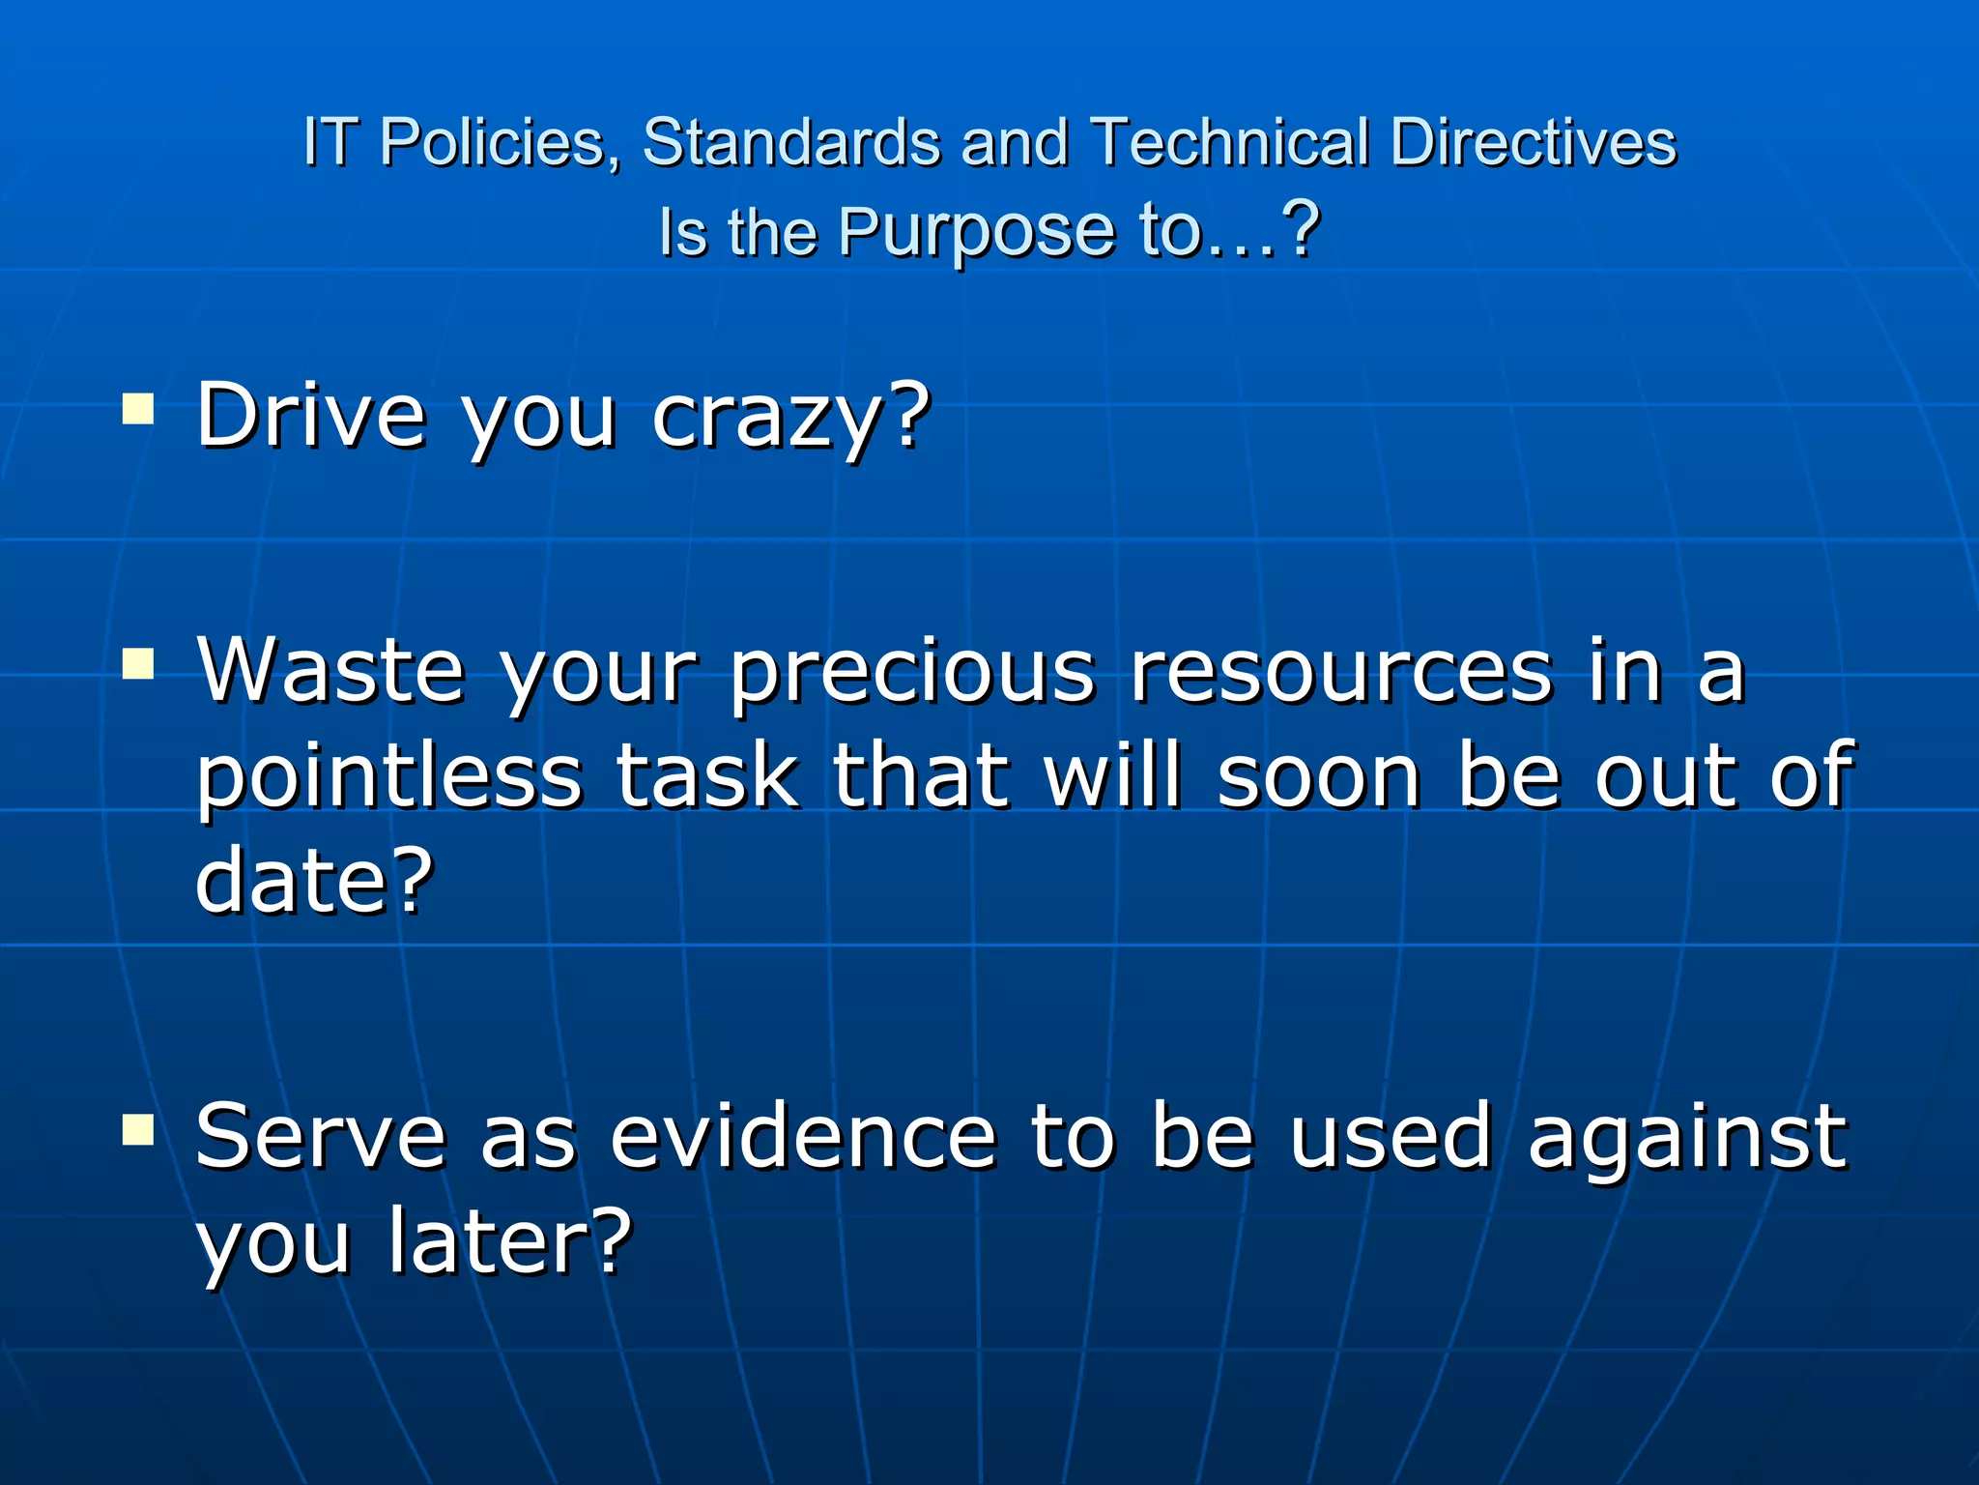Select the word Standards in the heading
pos(791,143)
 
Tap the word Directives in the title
pos(1533,143)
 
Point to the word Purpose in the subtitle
pos(975,233)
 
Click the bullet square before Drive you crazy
pos(138,409)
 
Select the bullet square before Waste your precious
pos(138,665)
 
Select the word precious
pos(912,672)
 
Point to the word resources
pos(1340,672)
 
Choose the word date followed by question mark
pos(314,879)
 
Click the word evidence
pos(802,1137)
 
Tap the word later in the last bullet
pos(508,1241)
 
